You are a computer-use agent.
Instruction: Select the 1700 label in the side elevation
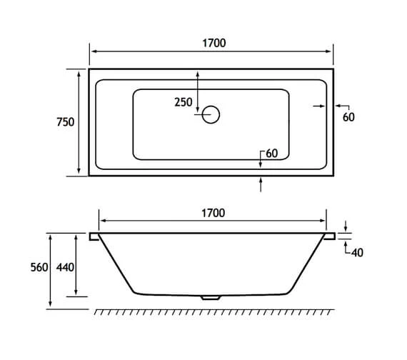click(213, 213)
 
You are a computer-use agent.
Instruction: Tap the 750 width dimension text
click(66, 122)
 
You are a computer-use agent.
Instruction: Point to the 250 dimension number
click(184, 102)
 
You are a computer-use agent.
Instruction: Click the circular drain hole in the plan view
click(212, 114)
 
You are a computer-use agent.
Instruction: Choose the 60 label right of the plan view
click(348, 117)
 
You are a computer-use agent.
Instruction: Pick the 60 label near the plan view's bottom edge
click(271, 154)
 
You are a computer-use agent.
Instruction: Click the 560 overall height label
click(39, 267)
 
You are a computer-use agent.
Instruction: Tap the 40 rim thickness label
click(358, 252)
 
